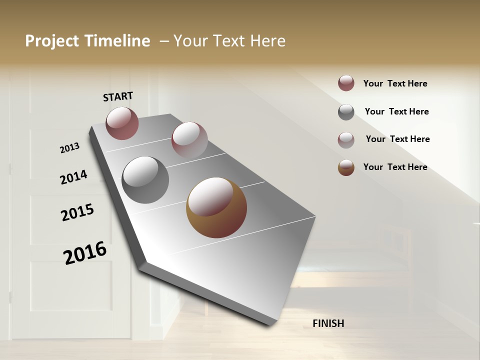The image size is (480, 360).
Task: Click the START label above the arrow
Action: [118, 96]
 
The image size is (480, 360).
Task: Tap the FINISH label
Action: [328, 323]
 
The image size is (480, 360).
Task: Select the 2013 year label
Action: [69, 148]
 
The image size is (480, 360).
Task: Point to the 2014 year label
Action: [73, 177]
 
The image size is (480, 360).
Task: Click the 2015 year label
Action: [77, 212]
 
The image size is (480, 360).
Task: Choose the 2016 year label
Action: [85, 253]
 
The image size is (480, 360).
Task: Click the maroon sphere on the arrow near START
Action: [122, 123]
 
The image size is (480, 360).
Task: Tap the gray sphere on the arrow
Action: [145, 179]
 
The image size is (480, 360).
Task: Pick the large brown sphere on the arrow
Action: [216, 207]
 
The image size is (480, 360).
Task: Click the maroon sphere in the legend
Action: [346, 83]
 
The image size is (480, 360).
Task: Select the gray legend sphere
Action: [346, 112]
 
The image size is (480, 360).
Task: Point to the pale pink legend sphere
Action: [346, 139]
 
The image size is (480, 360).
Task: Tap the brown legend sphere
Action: [346, 167]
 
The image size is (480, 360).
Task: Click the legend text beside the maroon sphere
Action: [395, 83]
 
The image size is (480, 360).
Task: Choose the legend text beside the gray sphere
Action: [396, 111]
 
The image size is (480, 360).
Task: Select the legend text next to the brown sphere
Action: [395, 167]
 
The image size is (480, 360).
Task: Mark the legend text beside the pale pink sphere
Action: [397, 139]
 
